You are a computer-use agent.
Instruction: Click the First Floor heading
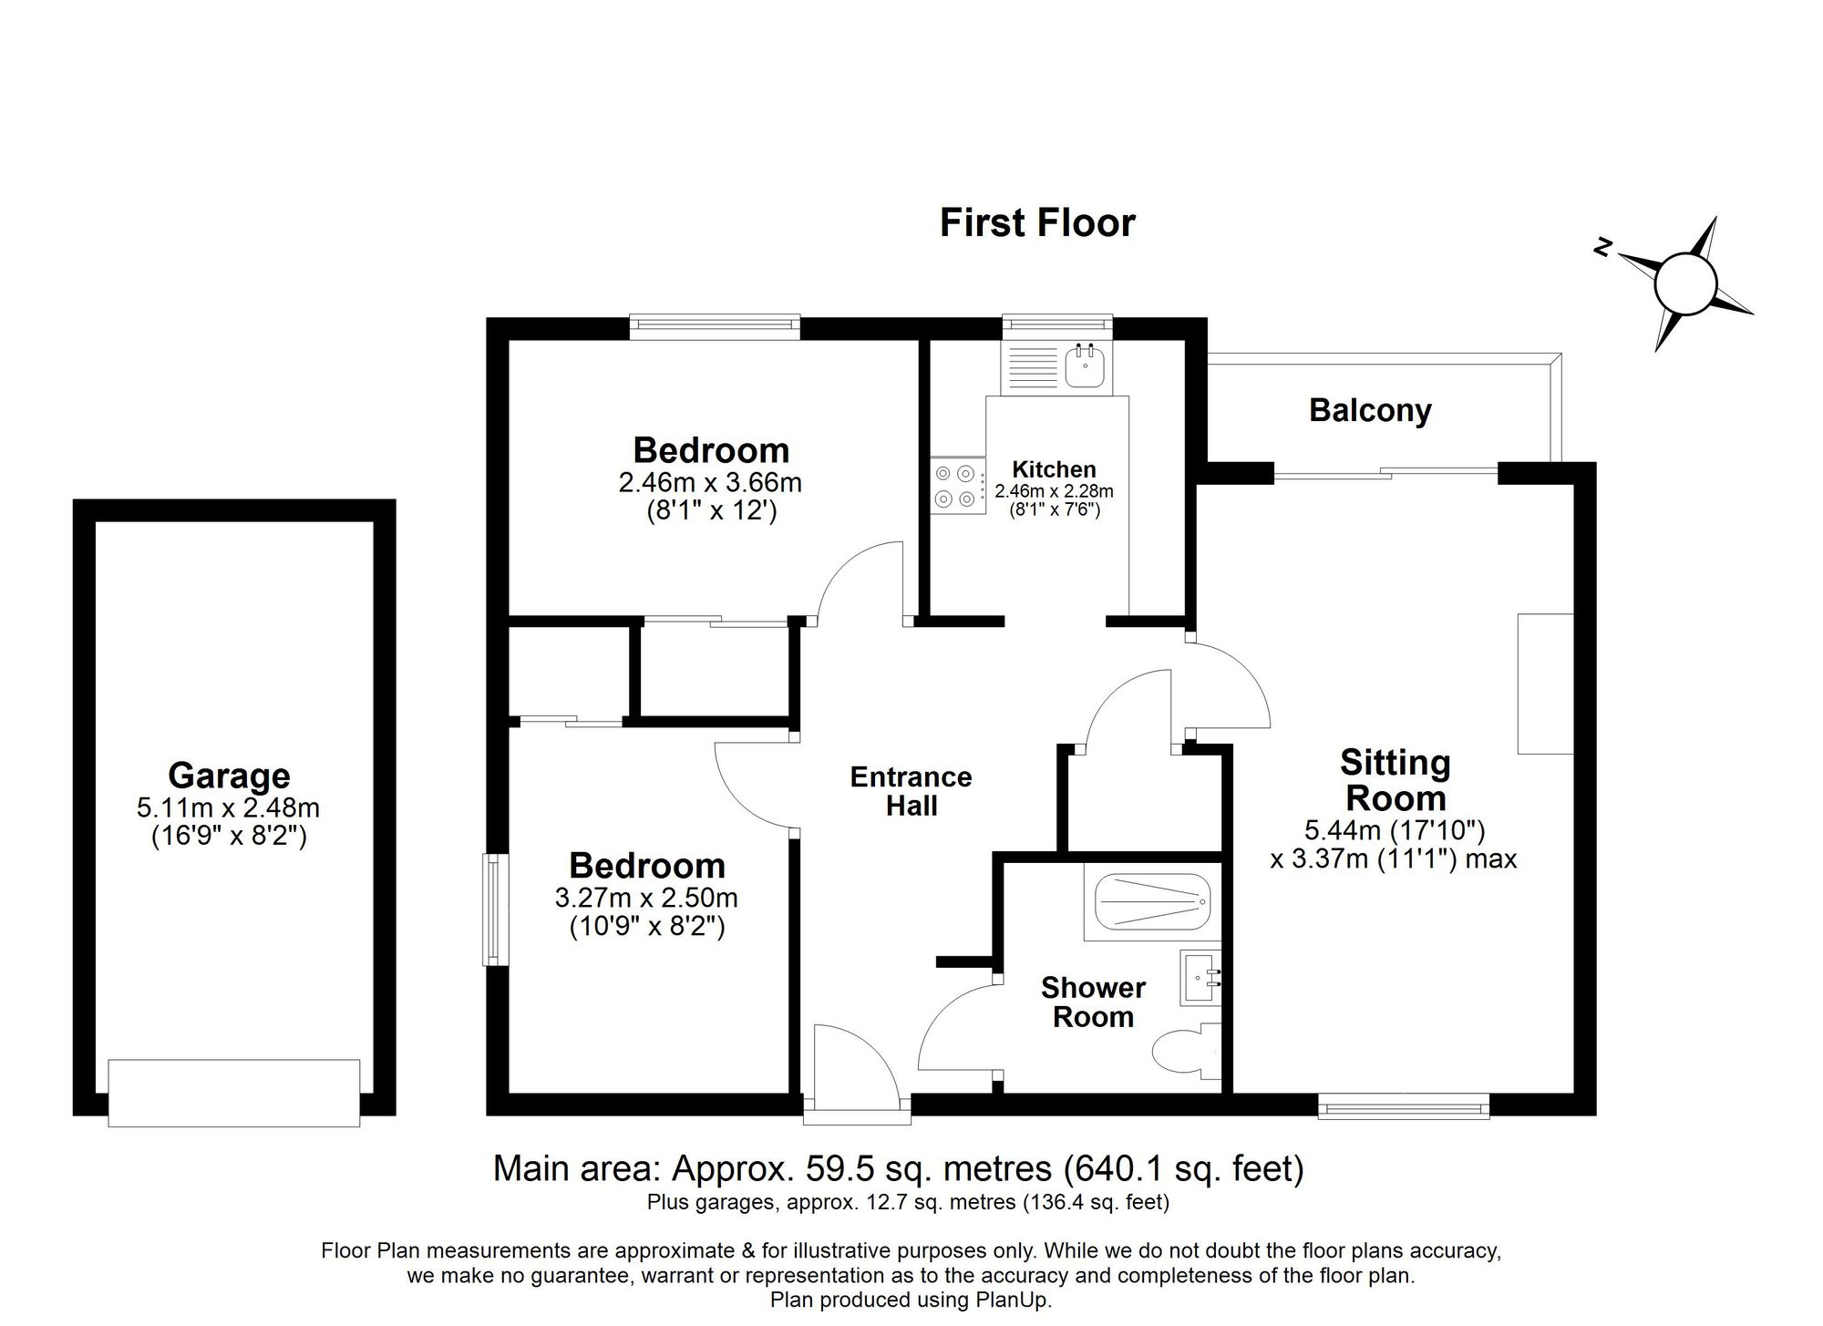(1036, 223)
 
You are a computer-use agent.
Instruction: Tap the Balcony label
(1369, 410)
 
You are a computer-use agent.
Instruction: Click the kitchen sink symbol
(1085, 366)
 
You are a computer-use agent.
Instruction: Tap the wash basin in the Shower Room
(1199, 979)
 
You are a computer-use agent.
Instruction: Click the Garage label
(229, 776)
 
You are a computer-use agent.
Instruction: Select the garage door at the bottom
(233, 1092)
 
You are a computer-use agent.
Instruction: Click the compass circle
(1684, 284)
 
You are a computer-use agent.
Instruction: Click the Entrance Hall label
(911, 791)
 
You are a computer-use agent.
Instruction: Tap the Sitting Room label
(1395, 780)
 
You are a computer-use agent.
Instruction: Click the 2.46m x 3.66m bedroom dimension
(710, 481)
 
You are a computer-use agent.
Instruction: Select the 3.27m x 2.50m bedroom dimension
(646, 898)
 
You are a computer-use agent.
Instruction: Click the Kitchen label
(1054, 469)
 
